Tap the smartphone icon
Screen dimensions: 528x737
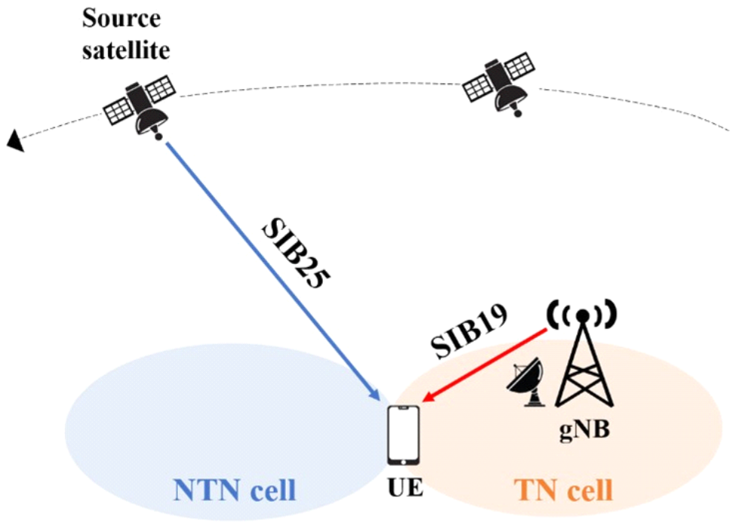click(x=402, y=436)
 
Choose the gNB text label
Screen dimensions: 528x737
click(x=585, y=431)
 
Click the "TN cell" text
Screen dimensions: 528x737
click(x=563, y=490)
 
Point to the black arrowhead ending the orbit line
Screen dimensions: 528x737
click(x=14, y=140)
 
